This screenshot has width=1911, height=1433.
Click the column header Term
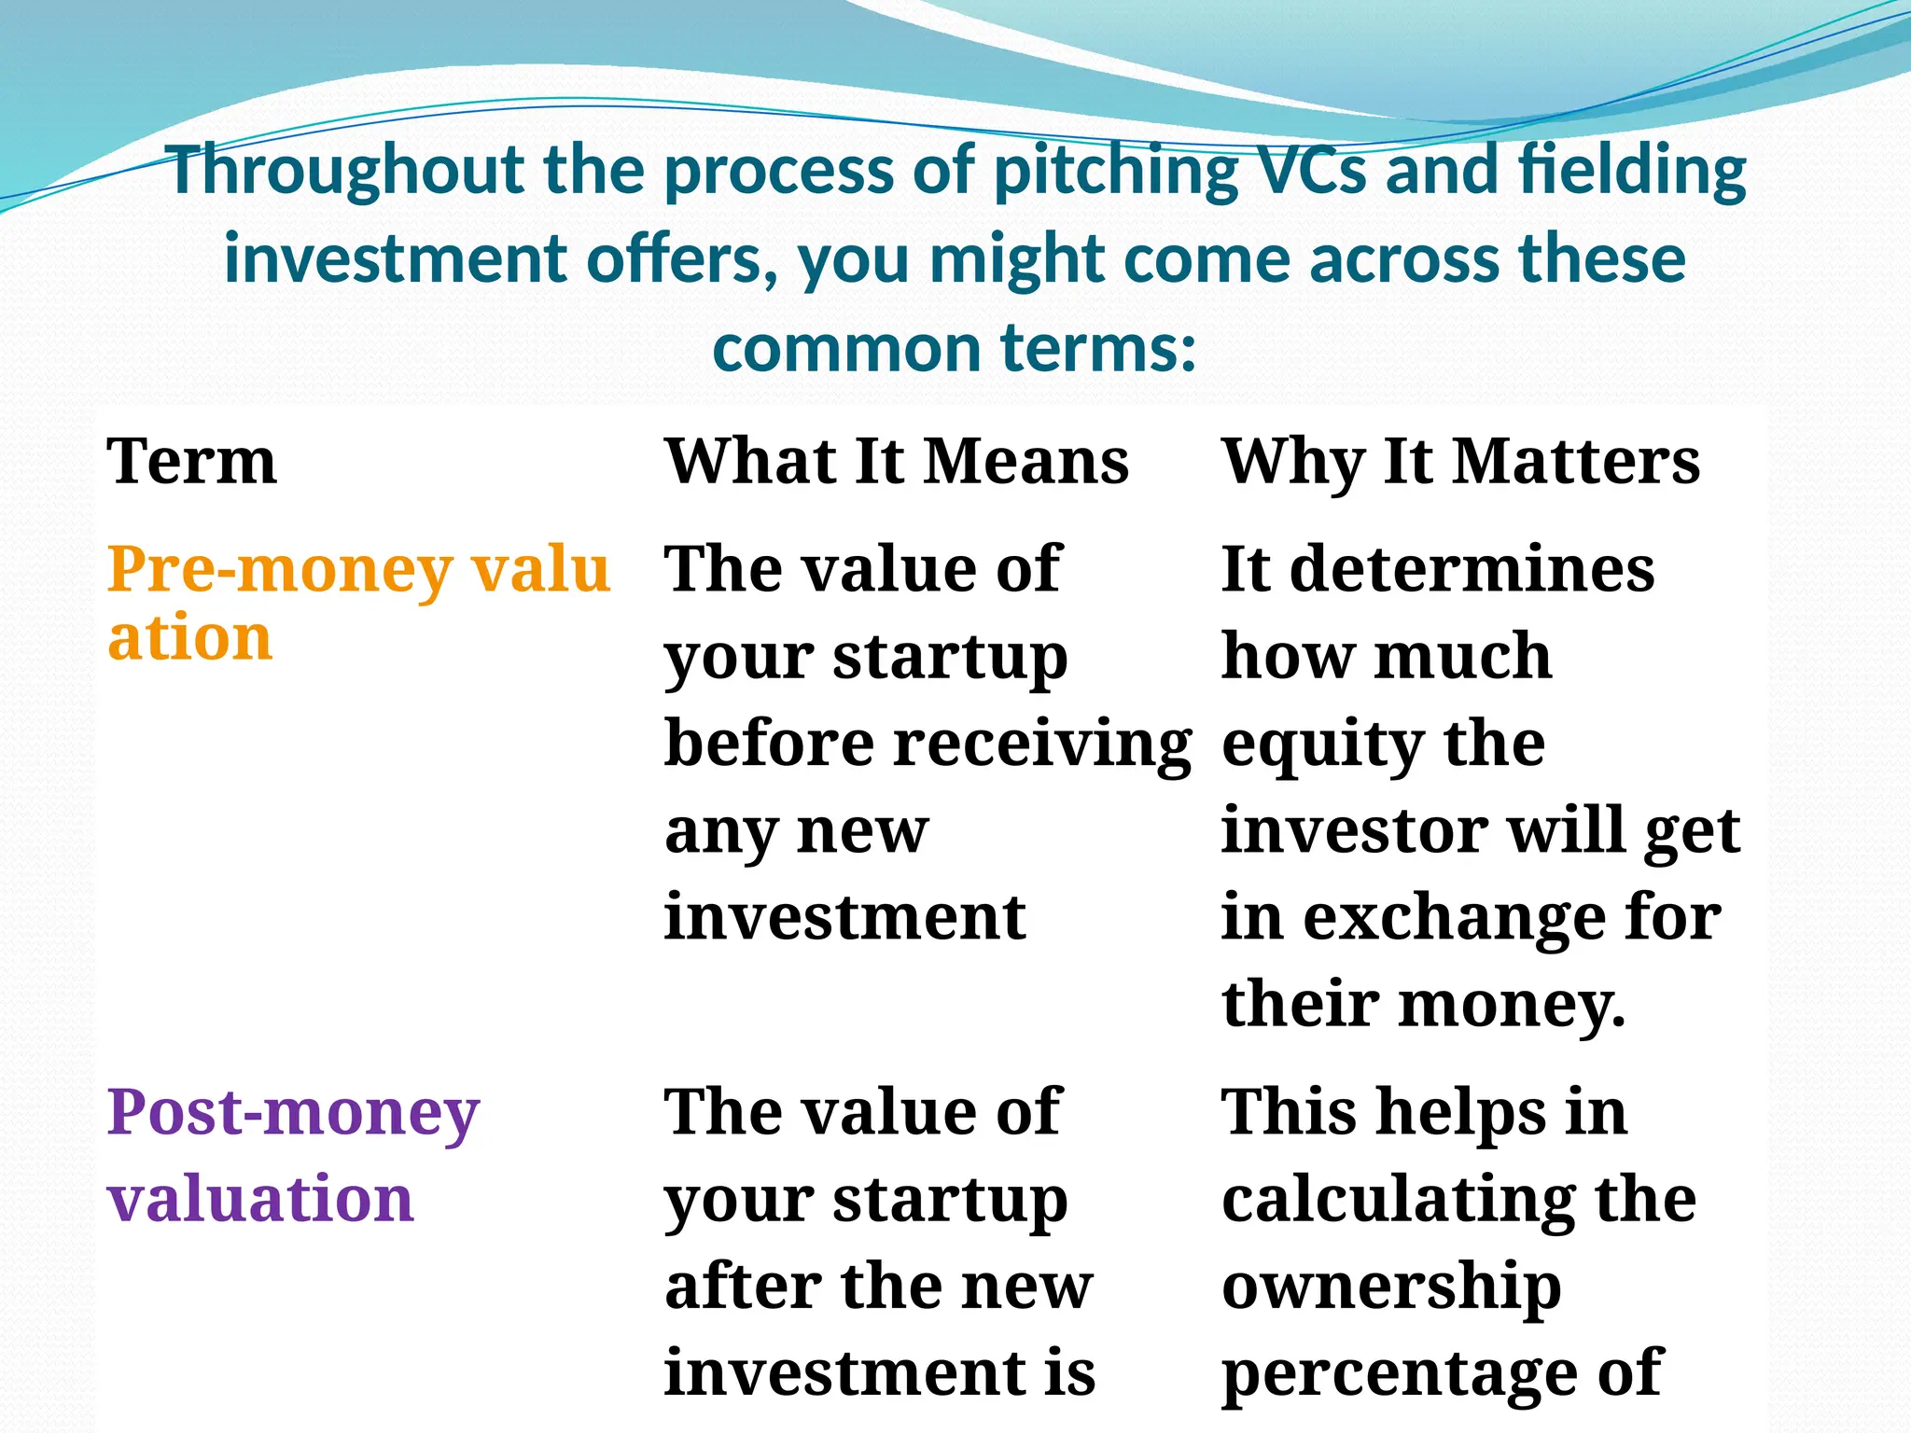coord(191,461)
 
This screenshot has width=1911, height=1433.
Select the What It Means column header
coord(896,461)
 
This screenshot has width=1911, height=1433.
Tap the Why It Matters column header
coord(1460,461)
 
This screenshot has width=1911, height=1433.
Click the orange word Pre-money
coord(280,569)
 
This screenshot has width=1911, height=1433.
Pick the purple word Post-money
coord(293,1112)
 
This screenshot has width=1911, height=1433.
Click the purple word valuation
coord(260,1198)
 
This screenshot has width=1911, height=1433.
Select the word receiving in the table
coord(1042,744)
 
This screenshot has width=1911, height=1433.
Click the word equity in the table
coord(1322,744)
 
